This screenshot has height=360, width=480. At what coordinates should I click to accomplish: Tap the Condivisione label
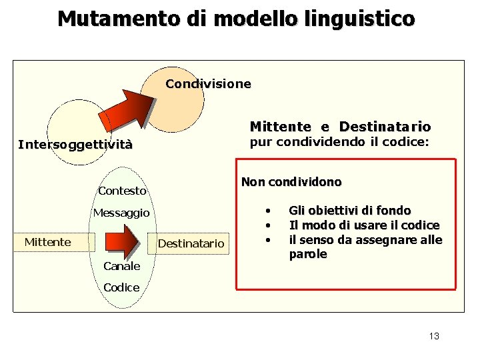208,84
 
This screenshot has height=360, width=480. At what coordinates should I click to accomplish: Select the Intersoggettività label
75,145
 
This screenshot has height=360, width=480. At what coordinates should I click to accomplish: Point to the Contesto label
122,191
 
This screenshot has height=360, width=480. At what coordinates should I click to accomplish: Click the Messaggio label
121,213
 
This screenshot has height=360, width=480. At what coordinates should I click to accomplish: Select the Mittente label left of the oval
47,242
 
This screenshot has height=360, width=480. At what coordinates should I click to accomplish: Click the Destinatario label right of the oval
191,243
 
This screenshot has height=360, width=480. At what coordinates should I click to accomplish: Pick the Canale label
121,266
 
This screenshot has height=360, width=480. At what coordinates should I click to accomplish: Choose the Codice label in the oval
121,287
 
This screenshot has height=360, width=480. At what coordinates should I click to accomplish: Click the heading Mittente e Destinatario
340,127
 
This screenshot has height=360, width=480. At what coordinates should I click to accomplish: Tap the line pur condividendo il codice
339,141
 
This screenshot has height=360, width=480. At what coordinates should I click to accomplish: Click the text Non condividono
291,182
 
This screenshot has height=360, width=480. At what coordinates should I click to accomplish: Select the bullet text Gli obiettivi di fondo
349,211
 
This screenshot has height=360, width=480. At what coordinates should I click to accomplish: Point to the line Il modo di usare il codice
364,225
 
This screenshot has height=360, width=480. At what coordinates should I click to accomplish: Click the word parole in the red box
307,254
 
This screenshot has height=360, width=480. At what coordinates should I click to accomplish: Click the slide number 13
434,336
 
